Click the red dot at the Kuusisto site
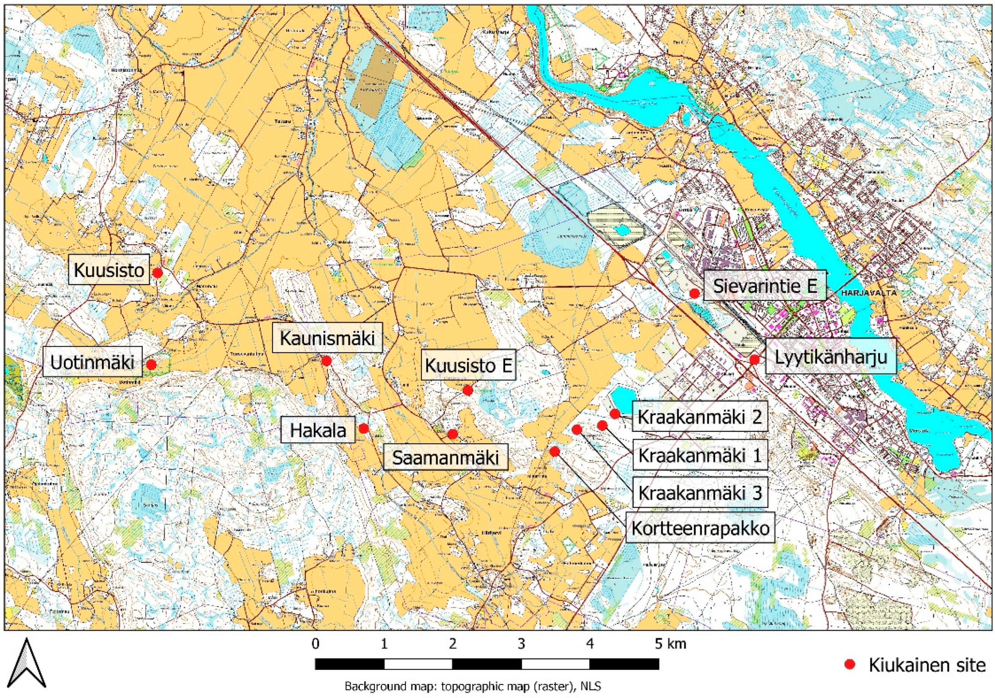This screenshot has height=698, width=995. pos(158,273)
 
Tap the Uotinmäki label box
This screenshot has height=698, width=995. pos(93,362)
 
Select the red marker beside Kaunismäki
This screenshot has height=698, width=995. pos(327,360)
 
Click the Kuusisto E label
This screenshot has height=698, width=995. pos(468,365)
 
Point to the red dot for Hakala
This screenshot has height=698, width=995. pos(364,429)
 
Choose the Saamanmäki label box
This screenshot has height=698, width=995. pos(445,457)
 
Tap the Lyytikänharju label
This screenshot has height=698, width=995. pos(830,357)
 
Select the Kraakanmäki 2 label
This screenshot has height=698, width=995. pos(699,417)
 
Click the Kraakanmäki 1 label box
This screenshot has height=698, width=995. pos(700,455)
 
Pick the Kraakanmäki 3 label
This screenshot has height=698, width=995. pos(700,493)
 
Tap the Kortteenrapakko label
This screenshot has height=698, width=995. pos(700,529)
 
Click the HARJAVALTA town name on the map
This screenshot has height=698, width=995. pos(868,293)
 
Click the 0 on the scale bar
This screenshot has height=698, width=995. pos(315,644)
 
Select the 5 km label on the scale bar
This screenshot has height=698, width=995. pos(670,644)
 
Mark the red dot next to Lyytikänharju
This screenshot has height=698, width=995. pos(754,359)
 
